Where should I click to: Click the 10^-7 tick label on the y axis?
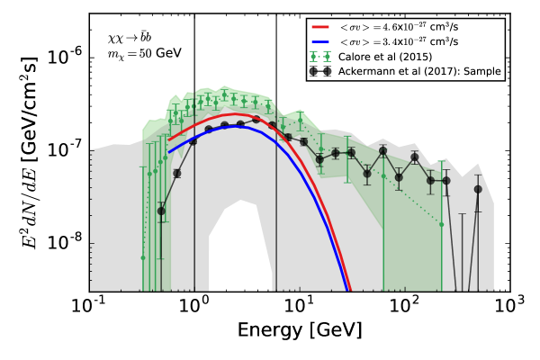pos(64,148)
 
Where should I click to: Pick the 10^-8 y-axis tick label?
pos(64,242)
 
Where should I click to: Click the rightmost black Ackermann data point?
pos(478,189)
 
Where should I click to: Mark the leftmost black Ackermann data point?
pos(161,211)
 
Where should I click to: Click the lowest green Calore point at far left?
pos(142,257)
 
